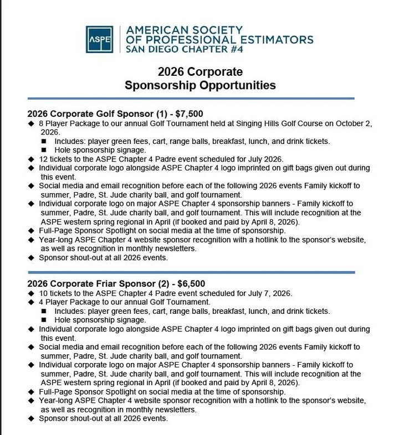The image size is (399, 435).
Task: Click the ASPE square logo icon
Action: point(99,39)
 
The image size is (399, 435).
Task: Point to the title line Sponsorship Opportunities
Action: point(200,85)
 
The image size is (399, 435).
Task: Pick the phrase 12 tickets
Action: point(59,159)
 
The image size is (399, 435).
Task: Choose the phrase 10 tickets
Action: point(59,293)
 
